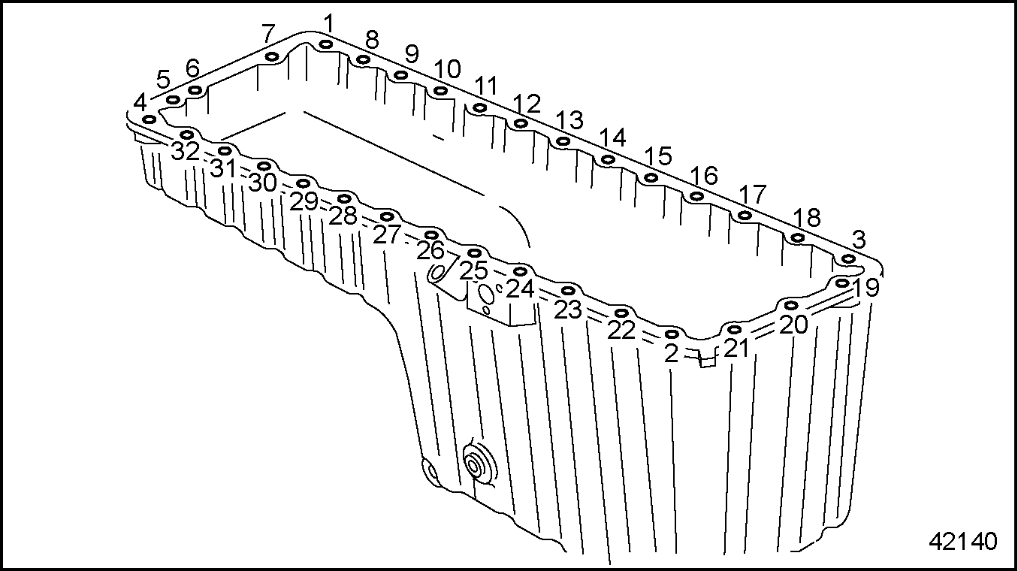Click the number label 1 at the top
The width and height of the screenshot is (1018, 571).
click(328, 23)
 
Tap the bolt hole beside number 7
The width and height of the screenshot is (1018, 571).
click(272, 57)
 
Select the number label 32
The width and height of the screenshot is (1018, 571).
click(186, 151)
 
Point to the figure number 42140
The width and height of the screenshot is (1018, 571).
click(963, 541)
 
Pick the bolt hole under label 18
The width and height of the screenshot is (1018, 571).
click(798, 237)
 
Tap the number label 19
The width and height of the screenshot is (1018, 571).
click(865, 287)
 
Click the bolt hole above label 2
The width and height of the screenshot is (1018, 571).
click(672, 334)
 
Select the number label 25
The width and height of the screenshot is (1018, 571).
click(473, 270)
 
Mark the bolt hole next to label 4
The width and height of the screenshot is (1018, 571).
click(149, 120)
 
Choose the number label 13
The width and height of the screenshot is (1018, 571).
click(569, 120)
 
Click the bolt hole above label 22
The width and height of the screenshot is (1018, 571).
click(622, 313)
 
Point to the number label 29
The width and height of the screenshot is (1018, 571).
click(304, 201)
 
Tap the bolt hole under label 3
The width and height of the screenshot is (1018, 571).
click(848, 259)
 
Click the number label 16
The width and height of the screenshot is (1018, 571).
click(704, 176)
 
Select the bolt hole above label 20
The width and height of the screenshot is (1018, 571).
click(791, 304)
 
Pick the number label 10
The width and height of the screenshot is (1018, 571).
click(447, 69)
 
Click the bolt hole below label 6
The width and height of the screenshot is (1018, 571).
click(195, 90)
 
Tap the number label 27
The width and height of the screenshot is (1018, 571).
click(387, 234)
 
